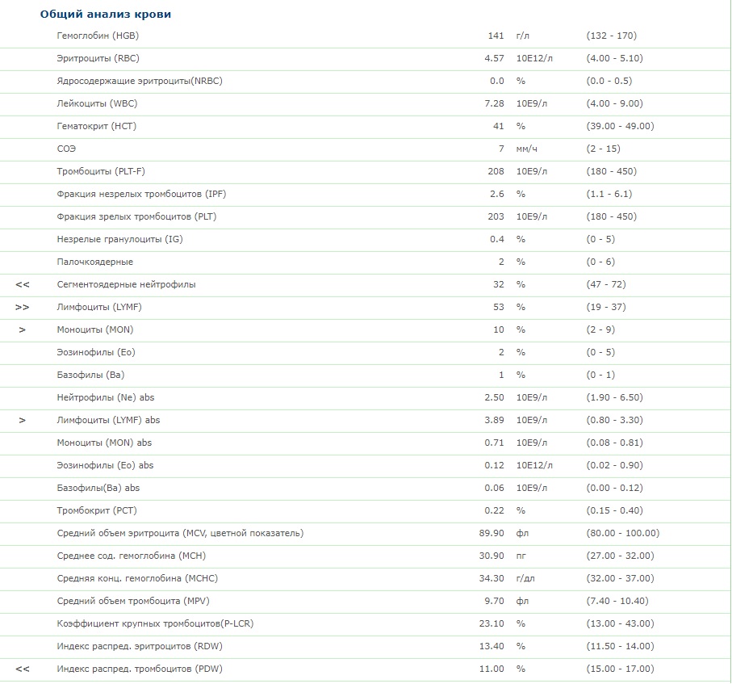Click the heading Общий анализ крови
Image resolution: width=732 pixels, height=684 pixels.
(x=106, y=15)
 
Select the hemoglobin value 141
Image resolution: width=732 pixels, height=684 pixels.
(x=496, y=36)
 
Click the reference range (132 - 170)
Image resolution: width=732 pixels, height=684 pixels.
(x=611, y=36)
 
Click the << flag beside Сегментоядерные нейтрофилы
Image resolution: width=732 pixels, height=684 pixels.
(x=23, y=284)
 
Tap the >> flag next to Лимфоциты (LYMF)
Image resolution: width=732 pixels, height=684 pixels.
(x=23, y=307)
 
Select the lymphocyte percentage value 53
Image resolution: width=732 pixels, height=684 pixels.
(x=499, y=307)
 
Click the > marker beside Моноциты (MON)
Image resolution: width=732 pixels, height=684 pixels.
(x=23, y=329)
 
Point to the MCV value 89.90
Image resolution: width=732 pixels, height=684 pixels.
(x=491, y=533)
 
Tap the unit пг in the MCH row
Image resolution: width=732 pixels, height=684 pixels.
(x=521, y=556)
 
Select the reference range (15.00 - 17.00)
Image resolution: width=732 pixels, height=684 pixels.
(x=620, y=669)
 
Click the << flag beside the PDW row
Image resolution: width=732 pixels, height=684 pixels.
(x=23, y=669)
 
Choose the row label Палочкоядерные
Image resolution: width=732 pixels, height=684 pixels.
(x=95, y=262)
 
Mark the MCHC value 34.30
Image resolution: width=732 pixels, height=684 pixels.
(x=491, y=578)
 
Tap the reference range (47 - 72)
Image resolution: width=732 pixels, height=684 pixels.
(x=605, y=284)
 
